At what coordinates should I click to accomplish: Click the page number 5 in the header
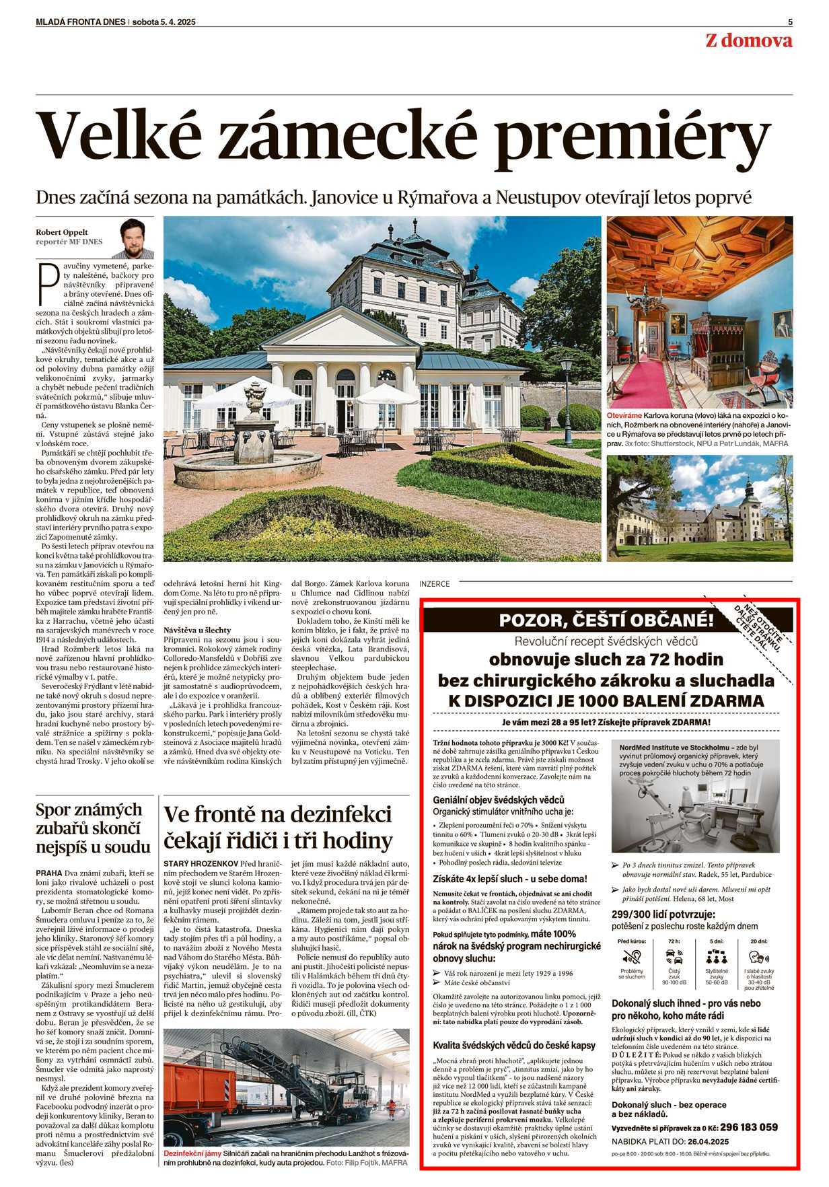pos(790,22)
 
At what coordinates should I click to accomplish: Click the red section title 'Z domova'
pos(748,41)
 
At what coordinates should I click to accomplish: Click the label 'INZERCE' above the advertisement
pos(434,584)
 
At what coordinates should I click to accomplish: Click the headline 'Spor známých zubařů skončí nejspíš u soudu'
pos(89,827)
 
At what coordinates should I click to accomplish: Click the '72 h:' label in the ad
pos(674,941)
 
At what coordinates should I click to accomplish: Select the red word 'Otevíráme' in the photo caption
pos(624,417)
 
